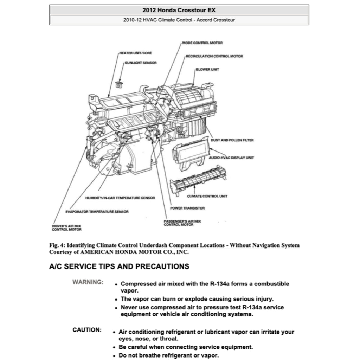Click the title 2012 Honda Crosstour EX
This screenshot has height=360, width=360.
tap(179, 10)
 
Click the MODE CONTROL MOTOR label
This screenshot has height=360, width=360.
tap(202, 43)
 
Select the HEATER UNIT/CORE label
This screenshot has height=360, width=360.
tap(136, 53)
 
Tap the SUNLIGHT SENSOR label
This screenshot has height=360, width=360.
tap(141, 63)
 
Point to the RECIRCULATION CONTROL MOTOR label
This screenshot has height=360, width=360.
tap(214, 56)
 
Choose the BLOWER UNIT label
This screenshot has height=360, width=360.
tap(207, 69)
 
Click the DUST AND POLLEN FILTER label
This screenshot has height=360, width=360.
tap(232, 140)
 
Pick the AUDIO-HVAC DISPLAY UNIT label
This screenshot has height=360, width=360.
tap(231, 158)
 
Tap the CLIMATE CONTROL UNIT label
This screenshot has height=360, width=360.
tap(207, 196)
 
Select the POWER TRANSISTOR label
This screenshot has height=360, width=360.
tap(187, 208)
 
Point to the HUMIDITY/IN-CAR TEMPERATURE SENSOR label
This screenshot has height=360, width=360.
tap(120, 198)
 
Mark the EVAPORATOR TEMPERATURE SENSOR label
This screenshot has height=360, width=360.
tap(97, 212)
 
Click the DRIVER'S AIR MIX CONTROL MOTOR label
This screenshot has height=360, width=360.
tap(67, 228)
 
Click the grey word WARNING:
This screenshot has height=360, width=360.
tap(88, 282)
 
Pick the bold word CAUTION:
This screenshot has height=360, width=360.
tap(87, 330)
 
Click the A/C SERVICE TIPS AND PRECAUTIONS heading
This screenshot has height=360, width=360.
tap(119, 266)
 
